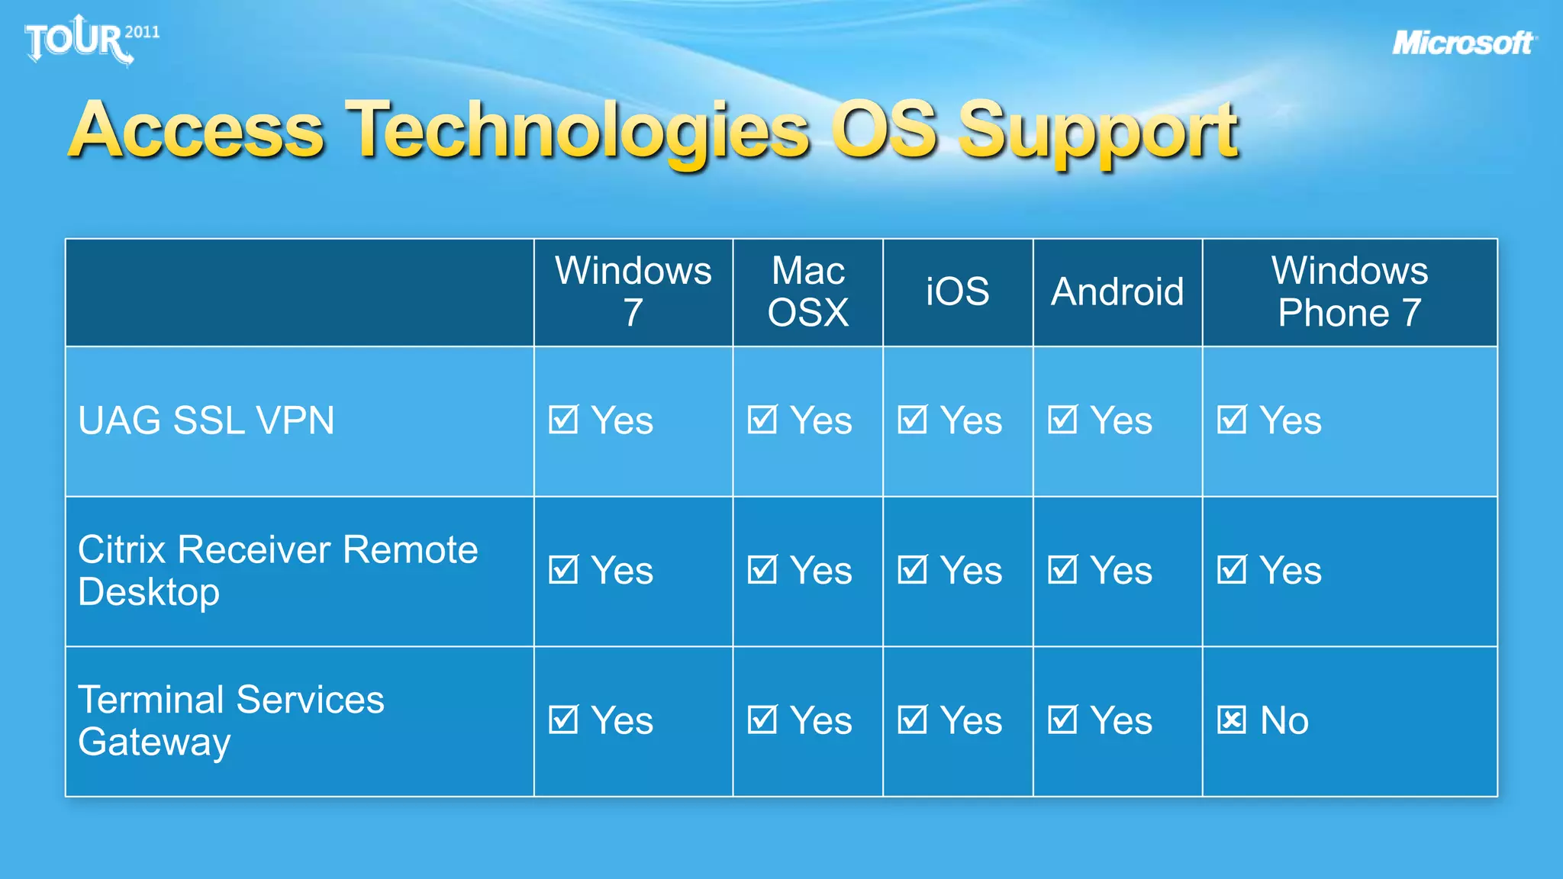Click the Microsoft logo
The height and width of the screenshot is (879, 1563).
(x=1463, y=43)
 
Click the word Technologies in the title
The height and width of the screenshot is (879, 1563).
(x=577, y=131)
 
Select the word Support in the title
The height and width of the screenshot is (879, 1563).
(x=1097, y=131)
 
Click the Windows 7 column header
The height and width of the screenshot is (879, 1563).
(x=633, y=291)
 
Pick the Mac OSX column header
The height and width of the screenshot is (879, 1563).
(x=807, y=291)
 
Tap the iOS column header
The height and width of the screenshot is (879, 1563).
(x=957, y=291)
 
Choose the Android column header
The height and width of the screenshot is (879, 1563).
(x=1117, y=291)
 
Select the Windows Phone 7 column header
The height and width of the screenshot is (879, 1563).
(x=1349, y=291)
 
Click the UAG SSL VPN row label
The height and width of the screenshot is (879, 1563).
(x=206, y=420)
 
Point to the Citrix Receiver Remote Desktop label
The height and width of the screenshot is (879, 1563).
(x=278, y=571)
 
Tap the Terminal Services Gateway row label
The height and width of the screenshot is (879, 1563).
(x=230, y=720)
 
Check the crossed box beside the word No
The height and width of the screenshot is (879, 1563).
(x=1231, y=720)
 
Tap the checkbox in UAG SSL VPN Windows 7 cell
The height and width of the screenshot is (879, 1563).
(x=563, y=420)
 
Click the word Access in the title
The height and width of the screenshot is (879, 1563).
(x=197, y=131)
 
